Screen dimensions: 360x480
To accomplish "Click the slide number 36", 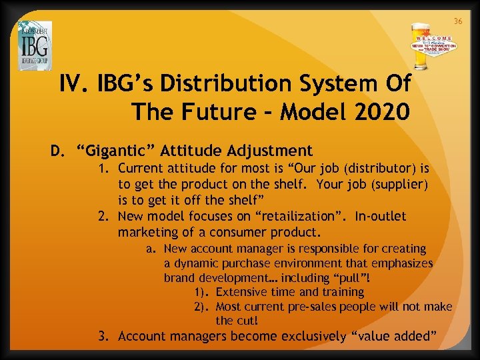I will (x=458, y=21).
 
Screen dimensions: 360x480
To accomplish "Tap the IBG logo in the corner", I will (x=35, y=45).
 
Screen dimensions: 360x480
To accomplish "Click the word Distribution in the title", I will (x=215, y=84).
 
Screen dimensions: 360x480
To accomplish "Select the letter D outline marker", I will (x=57, y=151).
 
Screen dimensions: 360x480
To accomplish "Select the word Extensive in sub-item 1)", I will (x=241, y=292).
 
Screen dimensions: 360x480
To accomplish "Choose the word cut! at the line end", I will (x=245, y=321).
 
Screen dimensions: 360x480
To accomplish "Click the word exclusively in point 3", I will (x=303, y=336).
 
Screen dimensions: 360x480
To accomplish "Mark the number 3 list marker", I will (x=104, y=336).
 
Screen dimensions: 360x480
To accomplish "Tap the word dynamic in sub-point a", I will (x=193, y=263).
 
